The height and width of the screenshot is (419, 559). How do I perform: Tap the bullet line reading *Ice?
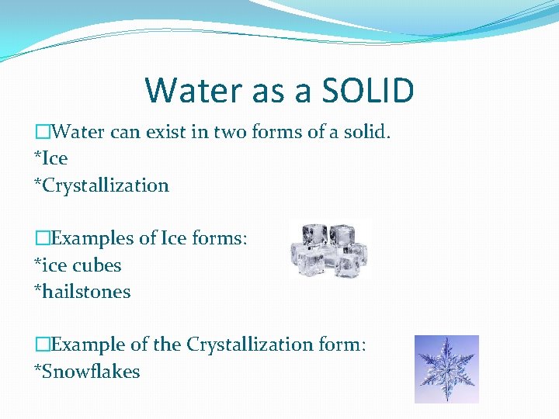point(51,158)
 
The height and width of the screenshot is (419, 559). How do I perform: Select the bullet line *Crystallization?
point(102,185)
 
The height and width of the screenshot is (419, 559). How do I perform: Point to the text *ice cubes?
point(78,265)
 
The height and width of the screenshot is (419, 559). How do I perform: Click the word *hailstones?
point(82,293)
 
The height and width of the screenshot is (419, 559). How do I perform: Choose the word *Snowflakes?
point(87,372)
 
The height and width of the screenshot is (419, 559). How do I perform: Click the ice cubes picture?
point(329,250)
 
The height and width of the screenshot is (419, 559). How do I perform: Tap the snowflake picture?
point(446,369)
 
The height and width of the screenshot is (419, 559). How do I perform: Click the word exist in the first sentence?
point(158,132)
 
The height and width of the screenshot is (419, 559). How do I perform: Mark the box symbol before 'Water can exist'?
point(43,132)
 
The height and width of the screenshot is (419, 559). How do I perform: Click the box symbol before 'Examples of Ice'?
point(43,238)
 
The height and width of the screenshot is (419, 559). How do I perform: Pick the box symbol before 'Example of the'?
point(43,345)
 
